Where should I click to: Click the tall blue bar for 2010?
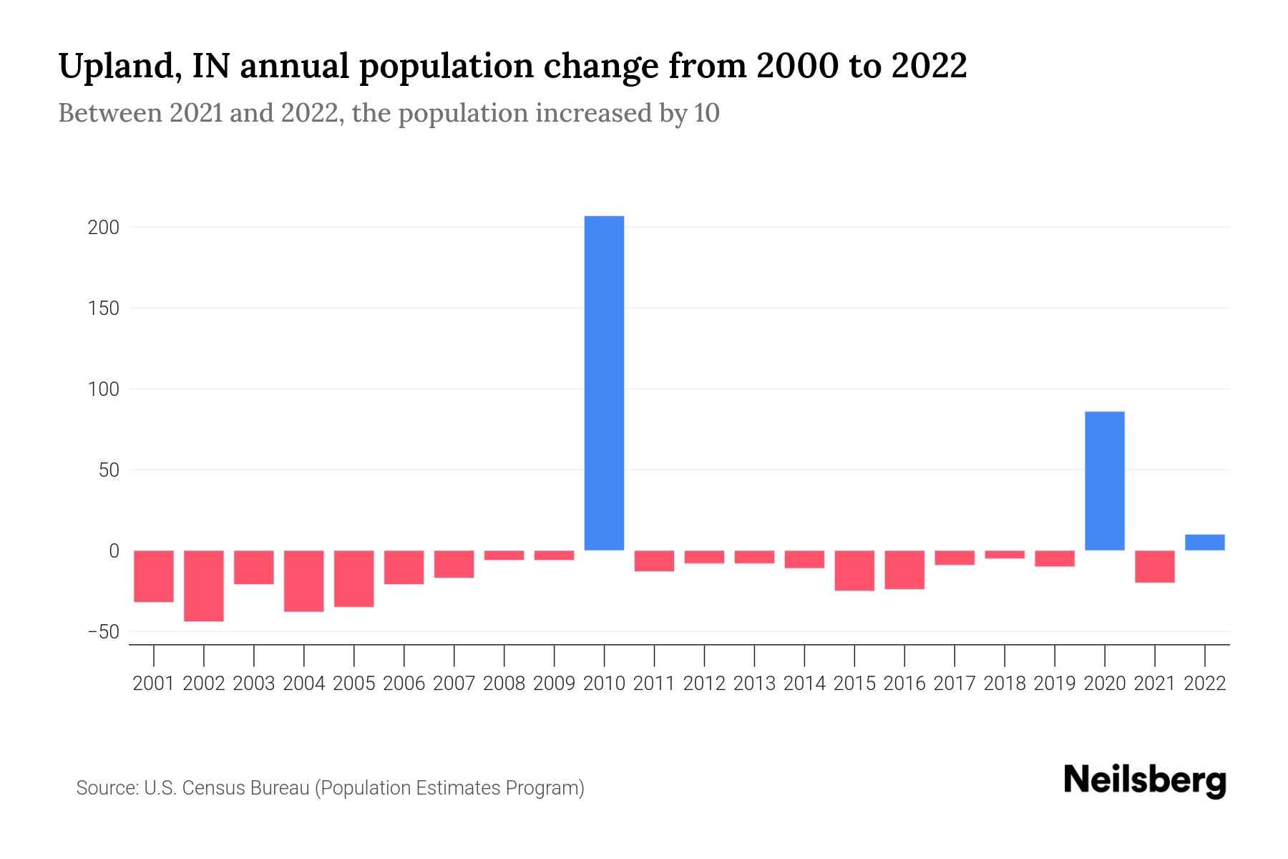pyautogui.click(x=604, y=383)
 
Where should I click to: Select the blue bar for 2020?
pyautogui.click(x=1104, y=481)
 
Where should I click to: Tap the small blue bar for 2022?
pyautogui.click(x=1204, y=543)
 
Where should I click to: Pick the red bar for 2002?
pyautogui.click(x=204, y=586)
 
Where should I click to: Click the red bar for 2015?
pyautogui.click(x=854, y=571)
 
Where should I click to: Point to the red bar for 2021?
pyautogui.click(x=1154, y=566)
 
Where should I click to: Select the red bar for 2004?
pyautogui.click(x=304, y=581)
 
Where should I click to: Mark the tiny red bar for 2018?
pyautogui.click(x=1004, y=555)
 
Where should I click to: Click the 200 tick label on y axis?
pyautogui.click(x=103, y=228)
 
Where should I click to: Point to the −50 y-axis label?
pyautogui.click(x=103, y=632)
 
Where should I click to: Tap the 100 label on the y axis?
pyautogui.click(x=103, y=390)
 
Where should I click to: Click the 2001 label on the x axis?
pyautogui.click(x=154, y=684)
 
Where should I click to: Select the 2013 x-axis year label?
pyautogui.click(x=754, y=684)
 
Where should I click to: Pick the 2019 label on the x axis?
pyautogui.click(x=1054, y=684)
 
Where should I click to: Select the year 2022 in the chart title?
pyautogui.click(x=929, y=66)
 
